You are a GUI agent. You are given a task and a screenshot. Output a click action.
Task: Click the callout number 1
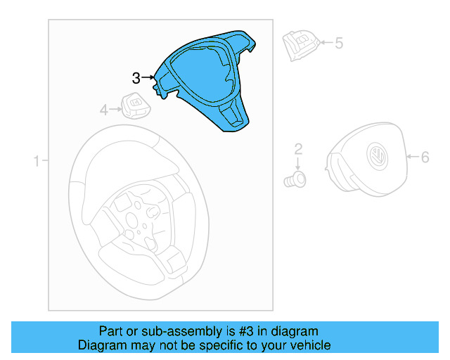click(36, 162)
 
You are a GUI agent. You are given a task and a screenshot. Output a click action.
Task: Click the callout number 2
click(298, 148)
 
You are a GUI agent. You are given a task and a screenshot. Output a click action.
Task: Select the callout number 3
click(136, 78)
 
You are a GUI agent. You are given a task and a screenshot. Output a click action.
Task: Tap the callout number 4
click(103, 110)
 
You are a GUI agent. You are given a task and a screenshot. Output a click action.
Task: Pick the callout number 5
click(339, 44)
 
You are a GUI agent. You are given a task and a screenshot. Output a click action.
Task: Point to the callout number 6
click(425, 157)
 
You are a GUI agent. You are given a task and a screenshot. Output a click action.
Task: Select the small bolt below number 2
click(296, 179)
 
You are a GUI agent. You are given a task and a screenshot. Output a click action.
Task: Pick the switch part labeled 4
click(134, 105)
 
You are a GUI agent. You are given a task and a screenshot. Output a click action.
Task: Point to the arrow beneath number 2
click(298, 162)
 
